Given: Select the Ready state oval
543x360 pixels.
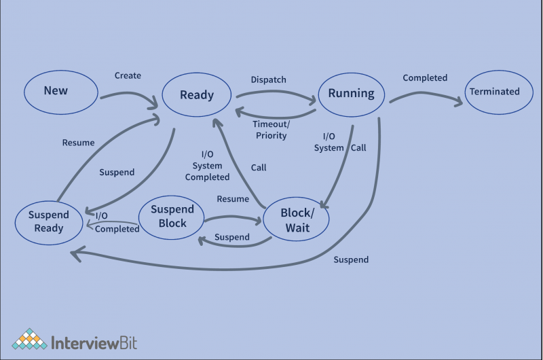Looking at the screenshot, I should coord(197,96).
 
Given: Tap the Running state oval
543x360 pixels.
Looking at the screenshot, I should coord(351,94).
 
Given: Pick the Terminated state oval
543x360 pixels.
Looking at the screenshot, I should coord(495,92).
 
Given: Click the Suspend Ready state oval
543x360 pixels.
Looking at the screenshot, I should coord(49,221).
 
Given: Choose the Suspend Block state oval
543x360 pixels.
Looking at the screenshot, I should coord(172,216).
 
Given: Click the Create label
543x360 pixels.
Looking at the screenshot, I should coord(128,75).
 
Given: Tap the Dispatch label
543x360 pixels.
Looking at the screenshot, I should coord(269,79).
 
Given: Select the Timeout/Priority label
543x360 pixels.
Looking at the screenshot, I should coord(271,130).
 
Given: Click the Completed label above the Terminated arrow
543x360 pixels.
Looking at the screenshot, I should coord(425,78).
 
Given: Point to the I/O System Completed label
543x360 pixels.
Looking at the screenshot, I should coord(207,166).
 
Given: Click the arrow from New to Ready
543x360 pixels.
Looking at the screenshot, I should coord(129,96).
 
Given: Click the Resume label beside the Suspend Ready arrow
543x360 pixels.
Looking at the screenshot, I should coord(78,143).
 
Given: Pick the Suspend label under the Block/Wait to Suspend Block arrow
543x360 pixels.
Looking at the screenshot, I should coord(231,237).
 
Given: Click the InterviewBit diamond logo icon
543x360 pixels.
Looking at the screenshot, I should coord(29,340).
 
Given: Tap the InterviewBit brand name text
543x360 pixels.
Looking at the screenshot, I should coord(94,341).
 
